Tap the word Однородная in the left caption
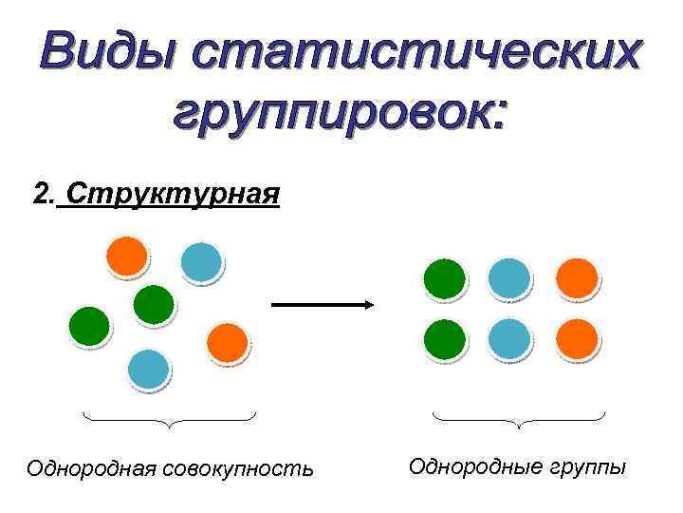click(92, 468)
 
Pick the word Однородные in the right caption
click(478, 466)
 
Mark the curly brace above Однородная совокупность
click(169, 419)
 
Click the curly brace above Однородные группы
click(519, 419)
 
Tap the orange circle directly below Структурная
click(127, 256)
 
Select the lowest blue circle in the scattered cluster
click(147, 370)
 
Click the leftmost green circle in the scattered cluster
click(89, 327)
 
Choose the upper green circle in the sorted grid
click(444, 278)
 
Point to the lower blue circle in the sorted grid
click(509, 339)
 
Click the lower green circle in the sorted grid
click(444, 339)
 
